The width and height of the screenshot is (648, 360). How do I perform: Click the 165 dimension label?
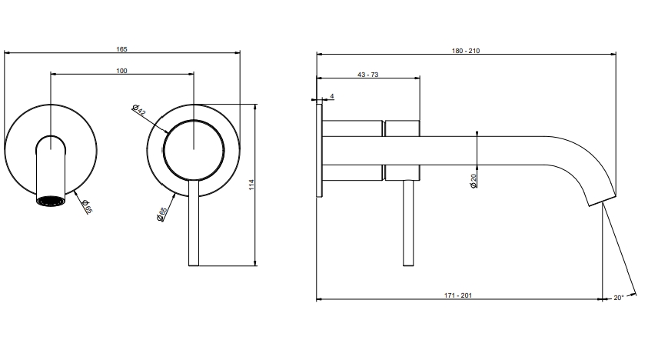pos(121,49)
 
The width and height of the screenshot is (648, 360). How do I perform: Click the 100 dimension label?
pos(121,71)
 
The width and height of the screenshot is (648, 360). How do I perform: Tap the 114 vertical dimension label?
pos(251,185)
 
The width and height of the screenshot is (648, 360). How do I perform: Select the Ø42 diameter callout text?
pos(139,110)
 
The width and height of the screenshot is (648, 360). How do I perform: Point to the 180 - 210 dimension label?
pos(466,51)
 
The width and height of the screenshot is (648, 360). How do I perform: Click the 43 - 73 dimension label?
pos(367,75)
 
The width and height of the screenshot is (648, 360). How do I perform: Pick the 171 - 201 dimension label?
pos(458,295)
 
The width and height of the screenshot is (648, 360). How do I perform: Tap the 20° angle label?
pos(619,298)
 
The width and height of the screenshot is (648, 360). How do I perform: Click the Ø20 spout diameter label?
pos(474,181)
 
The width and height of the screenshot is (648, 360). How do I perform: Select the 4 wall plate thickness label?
pos(332,96)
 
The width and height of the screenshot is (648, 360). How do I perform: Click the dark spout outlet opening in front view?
pos(51,201)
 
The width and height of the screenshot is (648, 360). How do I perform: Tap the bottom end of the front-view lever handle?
pos(194,265)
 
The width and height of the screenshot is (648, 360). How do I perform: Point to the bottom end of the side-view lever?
pos(408,265)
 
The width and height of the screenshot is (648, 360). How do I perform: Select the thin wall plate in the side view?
pos(319,151)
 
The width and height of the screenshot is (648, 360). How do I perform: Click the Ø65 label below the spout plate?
pos(87,206)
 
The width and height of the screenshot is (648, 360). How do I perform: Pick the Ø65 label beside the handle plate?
pos(161,215)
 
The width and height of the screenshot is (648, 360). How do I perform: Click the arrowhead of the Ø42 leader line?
pos(167,132)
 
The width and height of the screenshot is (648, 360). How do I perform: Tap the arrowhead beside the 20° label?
pos(633,295)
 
